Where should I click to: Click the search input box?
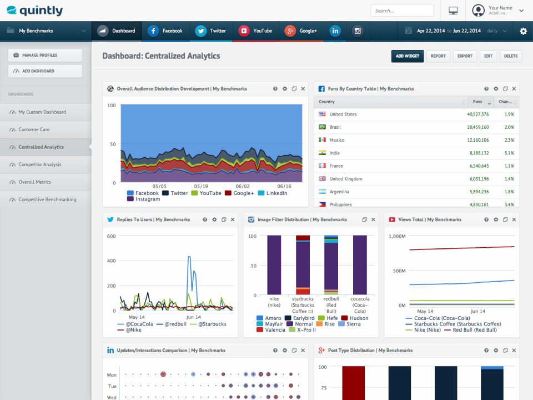402,11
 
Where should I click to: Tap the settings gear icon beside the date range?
523,31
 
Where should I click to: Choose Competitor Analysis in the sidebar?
40,164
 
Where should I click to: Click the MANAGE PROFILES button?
45,56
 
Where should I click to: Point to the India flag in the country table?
322,153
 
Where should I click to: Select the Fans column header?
477,102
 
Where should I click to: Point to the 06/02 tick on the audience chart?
243,187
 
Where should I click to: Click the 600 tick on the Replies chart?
111,236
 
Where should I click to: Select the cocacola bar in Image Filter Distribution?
360,264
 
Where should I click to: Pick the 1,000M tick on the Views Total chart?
398,236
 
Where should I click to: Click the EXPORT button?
465,56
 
